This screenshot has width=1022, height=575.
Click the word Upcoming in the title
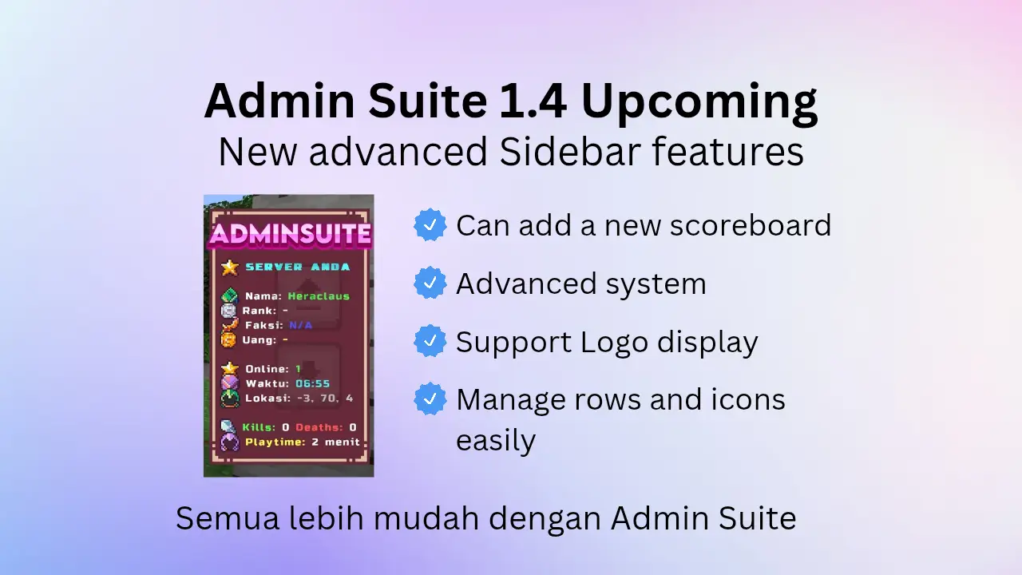click(x=699, y=104)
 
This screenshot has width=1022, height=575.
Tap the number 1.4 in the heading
click(x=533, y=101)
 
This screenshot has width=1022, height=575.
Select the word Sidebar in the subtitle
click(x=570, y=152)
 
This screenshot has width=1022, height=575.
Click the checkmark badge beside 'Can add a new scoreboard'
click(x=430, y=224)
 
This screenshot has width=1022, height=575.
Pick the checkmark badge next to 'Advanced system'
click(x=430, y=283)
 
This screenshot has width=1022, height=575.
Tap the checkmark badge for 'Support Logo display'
click(x=430, y=341)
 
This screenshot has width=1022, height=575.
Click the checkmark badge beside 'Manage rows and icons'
click(x=430, y=399)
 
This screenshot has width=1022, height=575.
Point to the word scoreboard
click(x=751, y=225)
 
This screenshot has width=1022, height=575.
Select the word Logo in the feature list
click(x=614, y=343)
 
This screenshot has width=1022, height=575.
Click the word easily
click(x=496, y=441)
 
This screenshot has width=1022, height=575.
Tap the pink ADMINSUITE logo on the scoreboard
click(x=290, y=235)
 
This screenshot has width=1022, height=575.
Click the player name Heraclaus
click(x=319, y=296)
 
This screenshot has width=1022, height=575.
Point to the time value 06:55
click(x=312, y=384)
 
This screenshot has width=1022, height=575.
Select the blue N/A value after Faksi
click(x=301, y=325)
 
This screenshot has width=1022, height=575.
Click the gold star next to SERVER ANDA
click(x=229, y=268)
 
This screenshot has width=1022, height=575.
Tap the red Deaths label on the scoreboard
click(x=319, y=427)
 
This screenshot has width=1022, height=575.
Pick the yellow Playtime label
click(x=275, y=442)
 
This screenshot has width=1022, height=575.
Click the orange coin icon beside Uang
click(x=228, y=340)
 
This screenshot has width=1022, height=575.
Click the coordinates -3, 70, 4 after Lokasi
click(x=325, y=399)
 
